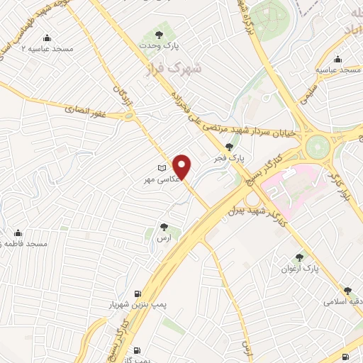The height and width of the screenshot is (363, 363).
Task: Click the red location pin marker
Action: (183, 167)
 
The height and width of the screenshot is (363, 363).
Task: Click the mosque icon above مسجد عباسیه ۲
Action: (48, 38)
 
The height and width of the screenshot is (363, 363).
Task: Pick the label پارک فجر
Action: (229, 158)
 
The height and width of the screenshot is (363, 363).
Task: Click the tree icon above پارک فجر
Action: (229, 146)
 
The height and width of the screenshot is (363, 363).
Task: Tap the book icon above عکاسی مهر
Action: (162, 168)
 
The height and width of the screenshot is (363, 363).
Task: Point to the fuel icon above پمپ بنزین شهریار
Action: (136, 294)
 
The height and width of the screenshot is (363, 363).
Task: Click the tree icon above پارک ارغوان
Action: (299, 258)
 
